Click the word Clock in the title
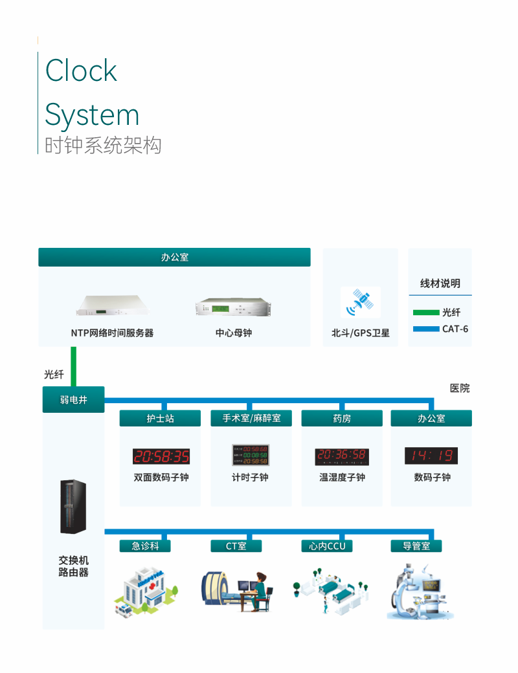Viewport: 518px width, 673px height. pos(82,71)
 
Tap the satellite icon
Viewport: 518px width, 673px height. pos(360,303)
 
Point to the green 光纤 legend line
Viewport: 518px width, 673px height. pos(426,313)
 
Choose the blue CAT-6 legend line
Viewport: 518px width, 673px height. pos(426,329)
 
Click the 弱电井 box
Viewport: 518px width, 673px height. pos(73,400)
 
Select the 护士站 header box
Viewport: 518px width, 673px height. pos(161,419)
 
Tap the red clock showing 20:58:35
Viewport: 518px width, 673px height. pos(161,456)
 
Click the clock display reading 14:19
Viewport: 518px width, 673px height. pos(431,456)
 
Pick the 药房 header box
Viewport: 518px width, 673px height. pos(342,419)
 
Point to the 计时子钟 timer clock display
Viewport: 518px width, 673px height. pos(251,455)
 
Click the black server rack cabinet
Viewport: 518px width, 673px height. pos(73,507)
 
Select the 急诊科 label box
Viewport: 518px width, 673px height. pos(145,546)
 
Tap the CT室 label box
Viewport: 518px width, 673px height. pos(236,546)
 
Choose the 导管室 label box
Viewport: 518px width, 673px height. pos(416,546)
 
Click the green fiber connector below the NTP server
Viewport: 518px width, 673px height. pos(74,366)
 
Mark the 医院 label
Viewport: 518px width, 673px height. pos(460,388)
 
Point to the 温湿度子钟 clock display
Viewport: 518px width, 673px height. pos(341,456)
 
